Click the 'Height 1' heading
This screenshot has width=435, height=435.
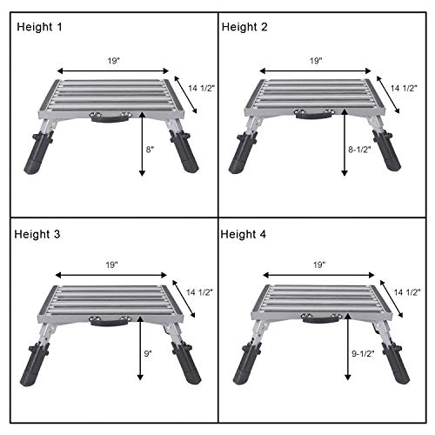[39, 27]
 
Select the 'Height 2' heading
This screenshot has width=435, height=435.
[245, 27]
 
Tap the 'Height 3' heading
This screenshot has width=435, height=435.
[39, 234]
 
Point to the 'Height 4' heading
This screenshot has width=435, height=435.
[245, 234]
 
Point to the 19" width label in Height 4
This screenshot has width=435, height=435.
[318, 264]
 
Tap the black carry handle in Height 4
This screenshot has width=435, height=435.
[318, 322]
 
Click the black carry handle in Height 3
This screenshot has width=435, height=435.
[114, 323]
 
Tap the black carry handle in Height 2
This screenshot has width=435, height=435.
[318, 117]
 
